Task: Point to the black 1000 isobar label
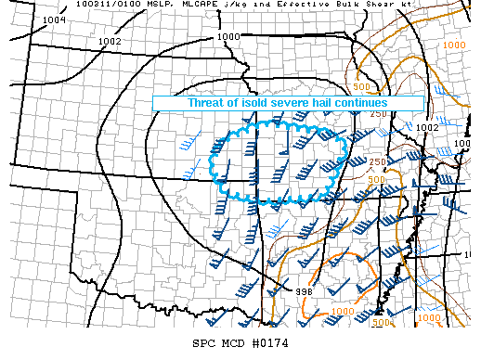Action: click(227, 36)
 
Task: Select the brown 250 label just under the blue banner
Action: click(377, 114)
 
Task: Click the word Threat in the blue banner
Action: click(207, 103)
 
